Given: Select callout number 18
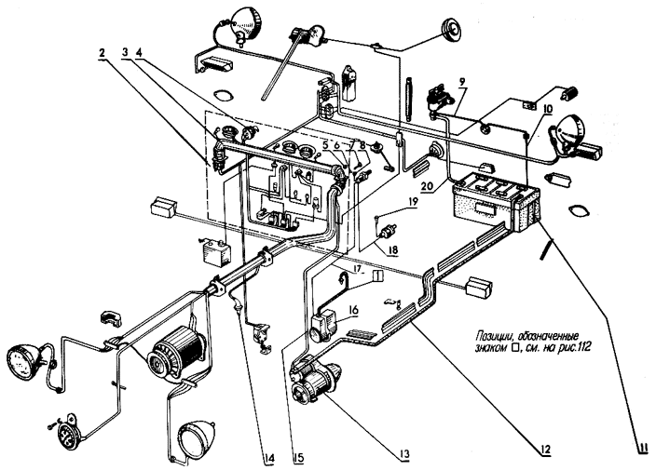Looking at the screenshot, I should [392, 251].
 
